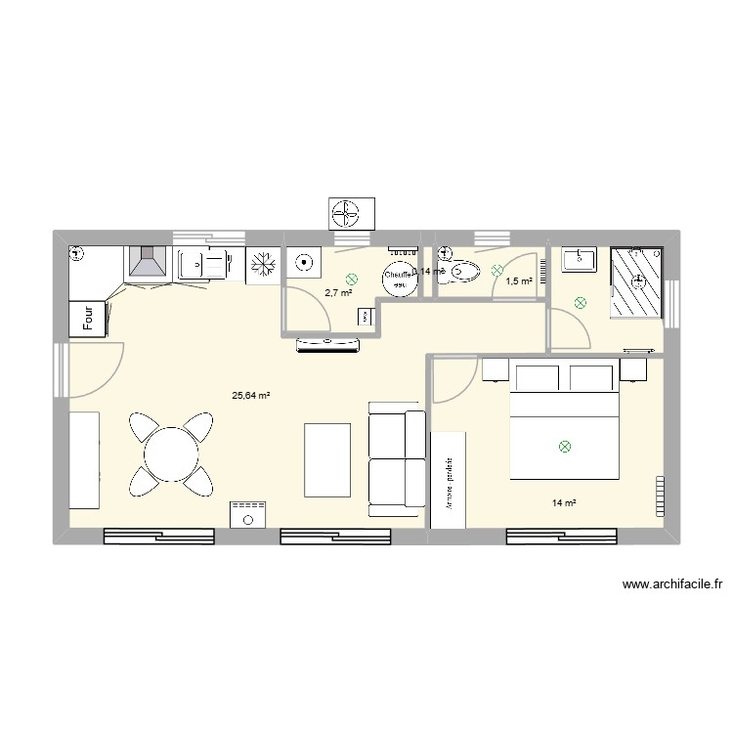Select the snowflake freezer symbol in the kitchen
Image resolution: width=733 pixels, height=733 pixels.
pyautogui.click(x=262, y=264)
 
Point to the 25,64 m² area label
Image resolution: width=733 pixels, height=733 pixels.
pyautogui.click(x=250, y=396)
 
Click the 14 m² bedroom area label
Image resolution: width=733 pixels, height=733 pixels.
pyautogui.click(x=564, y=503)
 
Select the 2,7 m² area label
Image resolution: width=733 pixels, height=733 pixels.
pyautogui.click(x=338, y=292)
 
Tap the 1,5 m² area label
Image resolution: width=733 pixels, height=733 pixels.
pyautogui.click(x=518, y=281)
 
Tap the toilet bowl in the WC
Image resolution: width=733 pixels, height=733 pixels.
pyautogui.click(x=463, y=273)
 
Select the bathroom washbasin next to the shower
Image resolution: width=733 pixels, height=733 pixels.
pyautogui.click(x=581, y=260)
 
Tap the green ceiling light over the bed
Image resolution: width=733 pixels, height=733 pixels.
pyautogui.click(x=564, y=447)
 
